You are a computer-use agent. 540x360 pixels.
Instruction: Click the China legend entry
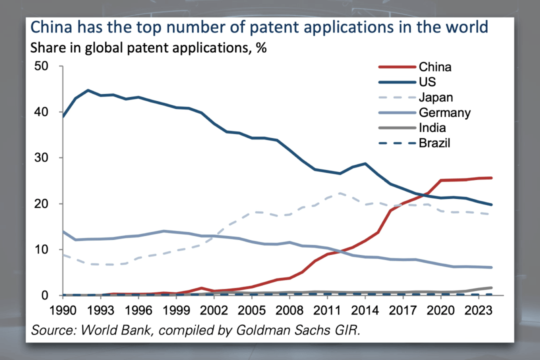(x=435, y=66)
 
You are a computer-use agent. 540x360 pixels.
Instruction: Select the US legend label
(x=428, y=82)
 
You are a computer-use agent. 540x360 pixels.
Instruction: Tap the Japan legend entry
(x=436, y=97)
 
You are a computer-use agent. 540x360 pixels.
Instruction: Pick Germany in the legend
(x=444, y=112)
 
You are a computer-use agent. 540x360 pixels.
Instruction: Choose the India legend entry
(x=432, y=128)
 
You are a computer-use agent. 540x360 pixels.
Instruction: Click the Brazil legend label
(x=434, y=143)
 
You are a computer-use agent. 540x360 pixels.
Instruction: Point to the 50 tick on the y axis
(x=41, y=66)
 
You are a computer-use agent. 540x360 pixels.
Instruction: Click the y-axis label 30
(x=41, y=158)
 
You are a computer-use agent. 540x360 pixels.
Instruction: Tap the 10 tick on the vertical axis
(x=41, y=249)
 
